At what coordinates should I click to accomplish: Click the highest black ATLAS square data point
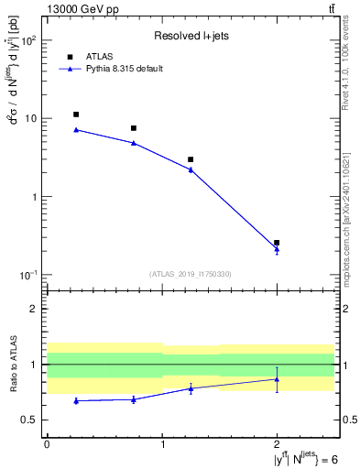pos(76,115)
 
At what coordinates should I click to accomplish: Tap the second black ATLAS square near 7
pos(134,128)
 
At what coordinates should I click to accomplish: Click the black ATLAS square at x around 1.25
pos(191,159)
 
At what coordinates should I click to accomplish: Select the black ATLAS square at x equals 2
pos(277,243)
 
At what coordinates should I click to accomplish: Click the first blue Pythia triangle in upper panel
pos(76,130)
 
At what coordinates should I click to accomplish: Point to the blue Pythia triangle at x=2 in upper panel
pos(277,249)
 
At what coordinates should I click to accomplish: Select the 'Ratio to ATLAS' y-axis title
pos(12,365)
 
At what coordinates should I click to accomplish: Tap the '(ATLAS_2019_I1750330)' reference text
pos(191,274)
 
